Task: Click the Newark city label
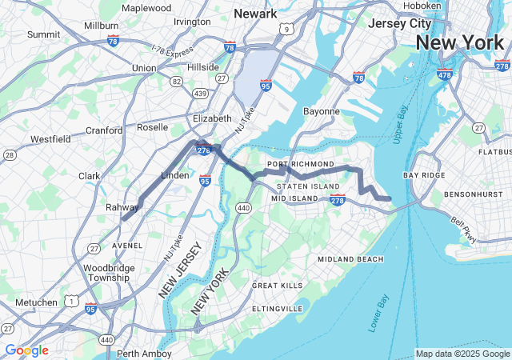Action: tap(255, 13)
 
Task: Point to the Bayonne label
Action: tap(321, 111)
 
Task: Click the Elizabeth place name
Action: tap(212, 118)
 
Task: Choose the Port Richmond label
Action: tap(301, 164)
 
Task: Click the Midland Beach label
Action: tap(350, 259)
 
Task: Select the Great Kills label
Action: tap(278, 286)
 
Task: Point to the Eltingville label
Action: tap(277, 308)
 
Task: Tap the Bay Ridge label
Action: tap(423, 174)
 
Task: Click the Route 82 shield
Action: tap(175, 81)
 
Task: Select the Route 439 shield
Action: tap(201, 94)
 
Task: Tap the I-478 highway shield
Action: tap(445, 76)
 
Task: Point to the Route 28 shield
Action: tap(10, 154)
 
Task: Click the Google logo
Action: tap(26, 350)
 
